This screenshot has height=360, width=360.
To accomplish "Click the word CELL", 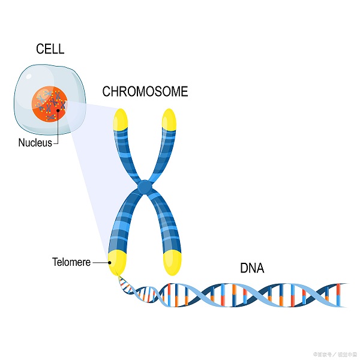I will pos(50,49).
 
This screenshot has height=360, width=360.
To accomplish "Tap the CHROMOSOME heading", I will pos(145,92).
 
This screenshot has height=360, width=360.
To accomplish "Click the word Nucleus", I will pos(35,143).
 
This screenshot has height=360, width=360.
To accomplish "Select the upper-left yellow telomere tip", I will pos(121,119).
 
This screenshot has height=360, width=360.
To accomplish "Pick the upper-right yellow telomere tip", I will pos(169,119).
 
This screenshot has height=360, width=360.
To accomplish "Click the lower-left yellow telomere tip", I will pos(116,261).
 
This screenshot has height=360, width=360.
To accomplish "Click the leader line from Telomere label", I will pos(100,262).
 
